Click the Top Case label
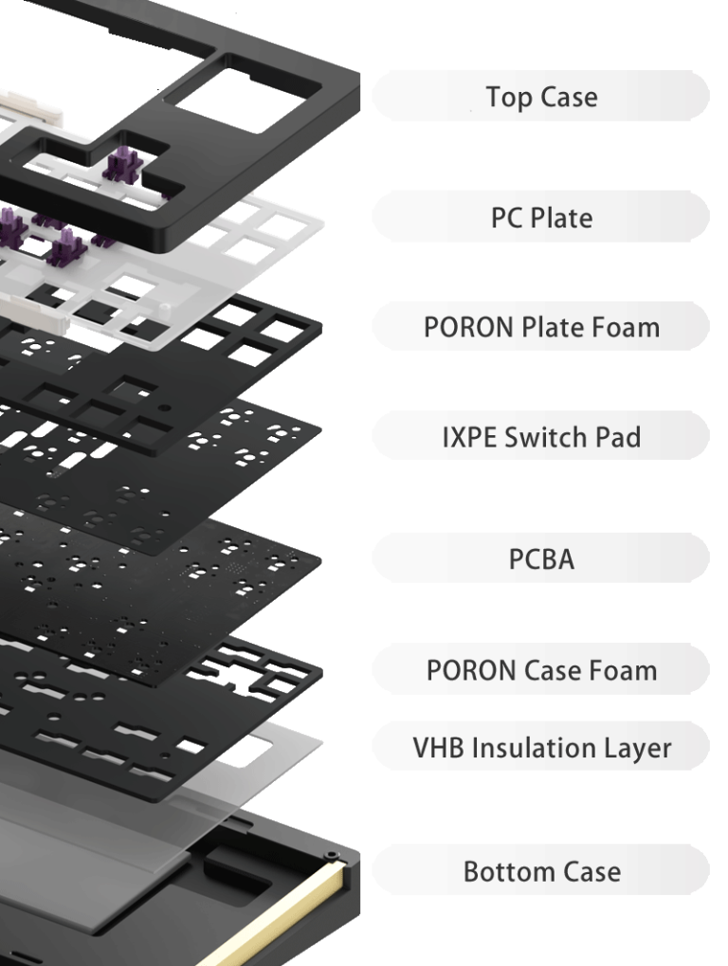click(540, 96)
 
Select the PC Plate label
click(540, 217)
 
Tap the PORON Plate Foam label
click(540, 327)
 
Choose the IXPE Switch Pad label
click(540, 437)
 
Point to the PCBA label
click(540, 558)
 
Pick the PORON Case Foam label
click(540, 670)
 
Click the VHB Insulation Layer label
click(540, 748)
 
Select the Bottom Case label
click(540, 871)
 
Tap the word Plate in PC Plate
click(559, 217)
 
